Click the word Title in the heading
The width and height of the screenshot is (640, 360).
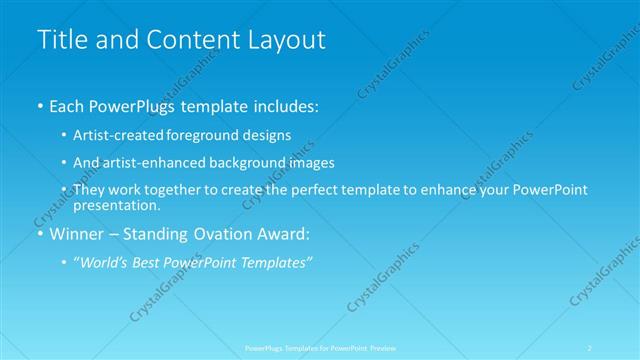click(x=59, y=41)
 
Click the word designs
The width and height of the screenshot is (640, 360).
click(x=265, y=135)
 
